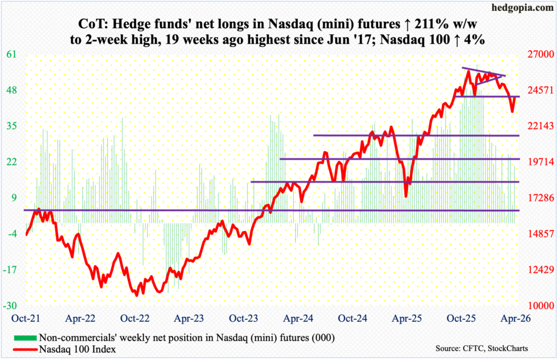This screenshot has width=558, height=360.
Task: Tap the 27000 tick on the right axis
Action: pyautogui.click(x=538, y=55)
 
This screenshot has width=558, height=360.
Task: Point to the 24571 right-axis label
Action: pyautogui.click(x=538, y=90)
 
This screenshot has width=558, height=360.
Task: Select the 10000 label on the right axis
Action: pyautogui.click(x=538, y=306)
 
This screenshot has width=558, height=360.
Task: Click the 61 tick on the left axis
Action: pyautogui.click(x=11, y=54)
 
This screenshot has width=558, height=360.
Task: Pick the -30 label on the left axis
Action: pyautogui.click(x=11, y=306)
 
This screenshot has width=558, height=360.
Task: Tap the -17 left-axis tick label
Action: pyautogui.click(x=11, y=270)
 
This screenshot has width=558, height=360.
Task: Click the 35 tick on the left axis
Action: pyautogui.click(x=11, y=126)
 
